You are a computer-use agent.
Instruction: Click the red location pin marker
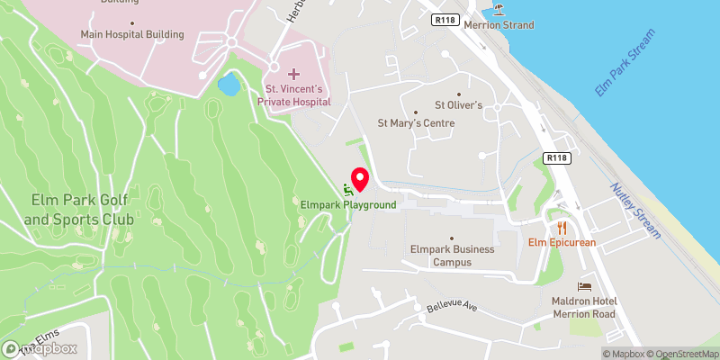point(360,180)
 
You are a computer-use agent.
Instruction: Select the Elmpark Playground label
point(348,205)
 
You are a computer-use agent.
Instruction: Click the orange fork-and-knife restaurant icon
point(562,227)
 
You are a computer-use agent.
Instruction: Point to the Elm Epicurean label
point(562,242)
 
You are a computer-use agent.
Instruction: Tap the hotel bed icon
point(585,285)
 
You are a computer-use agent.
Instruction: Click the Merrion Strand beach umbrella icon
point(499,11)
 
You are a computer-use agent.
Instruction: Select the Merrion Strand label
point(499,26)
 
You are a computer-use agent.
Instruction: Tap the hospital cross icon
point(293,72)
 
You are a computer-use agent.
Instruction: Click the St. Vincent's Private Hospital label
point(297,95)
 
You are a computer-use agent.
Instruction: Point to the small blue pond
point(229,85)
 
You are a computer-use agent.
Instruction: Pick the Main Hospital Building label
point(132,34)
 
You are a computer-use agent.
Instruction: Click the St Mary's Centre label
point(416,123)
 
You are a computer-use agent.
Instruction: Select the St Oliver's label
point(459,105)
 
